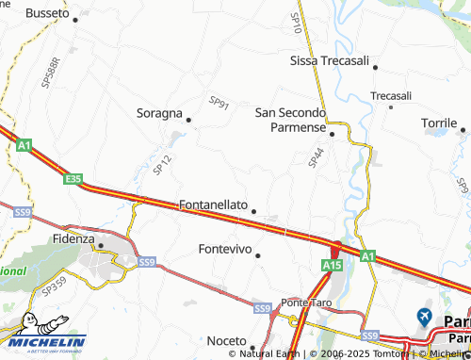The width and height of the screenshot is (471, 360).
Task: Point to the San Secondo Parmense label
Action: tap(290, 120)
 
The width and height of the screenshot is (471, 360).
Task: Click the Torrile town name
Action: tap(439, 123)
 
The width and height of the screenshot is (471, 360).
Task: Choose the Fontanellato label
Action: tap(213, 205)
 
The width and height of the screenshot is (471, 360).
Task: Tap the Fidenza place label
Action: tap(73, 238)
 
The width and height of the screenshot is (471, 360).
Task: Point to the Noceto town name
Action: tap(226, 340)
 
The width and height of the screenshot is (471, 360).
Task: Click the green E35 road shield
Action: tap(74, 177)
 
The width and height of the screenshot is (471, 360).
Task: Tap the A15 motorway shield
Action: tap(332, 267)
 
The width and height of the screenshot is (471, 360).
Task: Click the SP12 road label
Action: tap(161, 165)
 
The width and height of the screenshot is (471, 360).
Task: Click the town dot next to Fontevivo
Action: tap(257, 254)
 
